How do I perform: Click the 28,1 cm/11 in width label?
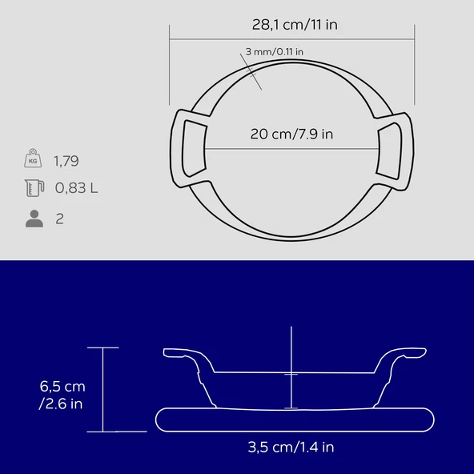[295, 25]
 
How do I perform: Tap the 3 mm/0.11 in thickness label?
[274, 52]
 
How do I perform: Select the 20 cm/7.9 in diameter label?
[291, 134]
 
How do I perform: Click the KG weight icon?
[33, 158]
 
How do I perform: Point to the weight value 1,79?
[66, 161]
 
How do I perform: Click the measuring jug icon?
[34, 188]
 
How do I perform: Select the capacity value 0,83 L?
[76, 188]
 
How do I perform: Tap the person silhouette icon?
[34, 219]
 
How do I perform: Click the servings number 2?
[60, 219]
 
